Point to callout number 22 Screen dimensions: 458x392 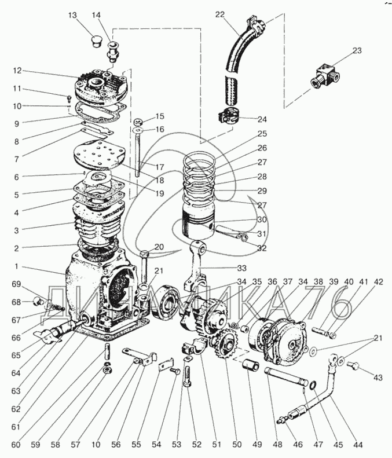pos(220,14)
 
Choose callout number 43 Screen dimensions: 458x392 pos(378,378)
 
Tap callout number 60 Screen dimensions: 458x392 pos(16,445)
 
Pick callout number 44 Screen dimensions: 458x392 pos(358,445)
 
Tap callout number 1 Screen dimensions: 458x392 pos(17,268)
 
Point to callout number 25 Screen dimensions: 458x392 pos(262,134)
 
